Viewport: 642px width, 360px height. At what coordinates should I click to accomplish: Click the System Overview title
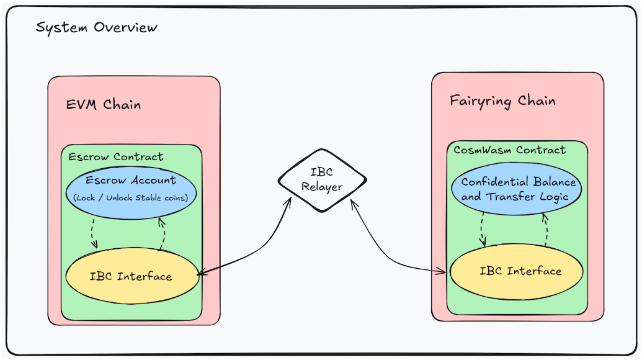pyautogui.click(x=96, y=28)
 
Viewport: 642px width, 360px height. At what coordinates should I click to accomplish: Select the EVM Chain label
pyautogui.click(x=104, y=104)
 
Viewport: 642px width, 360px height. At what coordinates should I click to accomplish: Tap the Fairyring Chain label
pyautogui.click(x=502, y=101)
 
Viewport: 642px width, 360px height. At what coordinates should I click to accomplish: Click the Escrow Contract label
pyautogui.click(x=116, y=156)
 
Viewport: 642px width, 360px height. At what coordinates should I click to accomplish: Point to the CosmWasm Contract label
pyautogui.click(x=509, y=150)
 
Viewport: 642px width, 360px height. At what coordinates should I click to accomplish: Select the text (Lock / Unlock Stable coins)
pyautogui.click(x=131, y=198)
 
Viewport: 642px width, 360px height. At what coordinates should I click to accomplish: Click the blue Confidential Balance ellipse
pyautogui.click(x=518, y=189)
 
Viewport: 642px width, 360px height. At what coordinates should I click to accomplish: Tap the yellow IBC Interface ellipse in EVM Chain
pyautogui.click(x=131, y=276)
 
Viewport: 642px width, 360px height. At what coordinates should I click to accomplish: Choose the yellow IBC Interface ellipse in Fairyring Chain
pyautogui.click(x=517, y=271)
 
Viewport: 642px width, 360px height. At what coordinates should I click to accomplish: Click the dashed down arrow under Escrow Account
pyautogui.click(x=95, y=233)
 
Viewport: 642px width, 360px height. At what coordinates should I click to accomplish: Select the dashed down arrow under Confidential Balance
pyautogui.click(x=483, y=230)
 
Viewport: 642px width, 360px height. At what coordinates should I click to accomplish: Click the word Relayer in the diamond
pyautogui.click(x=322, y=187)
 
